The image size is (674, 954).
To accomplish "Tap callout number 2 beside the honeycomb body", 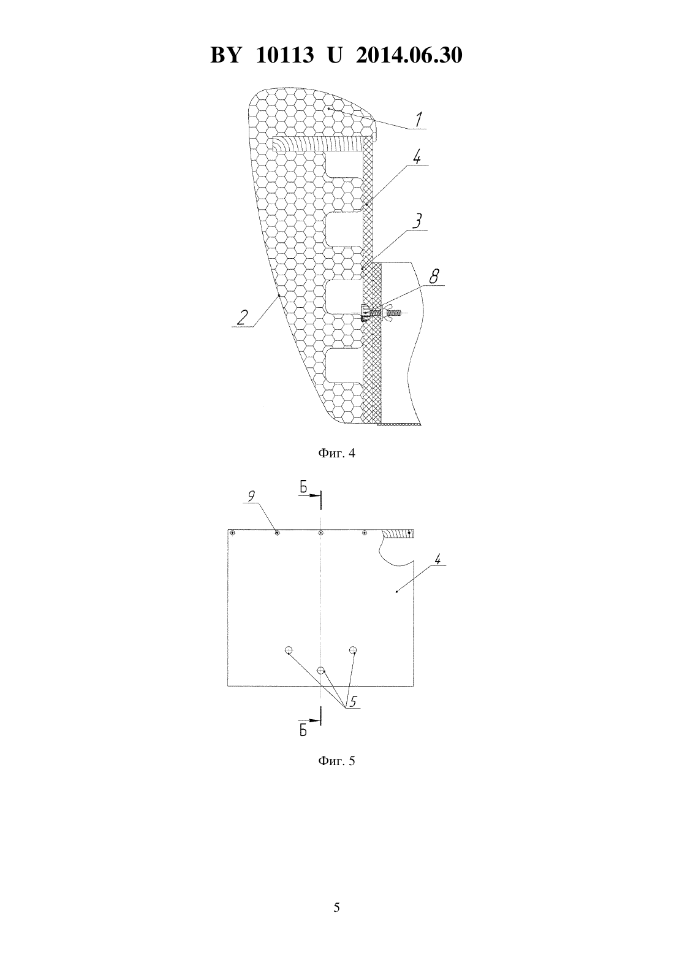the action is [242, 318].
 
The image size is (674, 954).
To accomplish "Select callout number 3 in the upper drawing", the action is [418, 221].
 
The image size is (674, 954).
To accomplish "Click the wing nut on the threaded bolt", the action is [387, 313].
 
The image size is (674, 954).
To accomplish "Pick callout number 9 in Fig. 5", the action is [251, 496].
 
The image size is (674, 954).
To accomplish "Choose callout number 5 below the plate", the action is [353, 701].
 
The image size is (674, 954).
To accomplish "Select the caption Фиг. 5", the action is [336, 760].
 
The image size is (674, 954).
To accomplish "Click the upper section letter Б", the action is [303, 487].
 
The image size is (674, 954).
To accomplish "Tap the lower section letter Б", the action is [303, 731].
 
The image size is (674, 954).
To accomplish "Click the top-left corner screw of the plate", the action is [232, 533].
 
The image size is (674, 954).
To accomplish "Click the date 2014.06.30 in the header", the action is [409, 55].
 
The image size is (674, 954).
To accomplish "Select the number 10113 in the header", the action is [285, 55].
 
